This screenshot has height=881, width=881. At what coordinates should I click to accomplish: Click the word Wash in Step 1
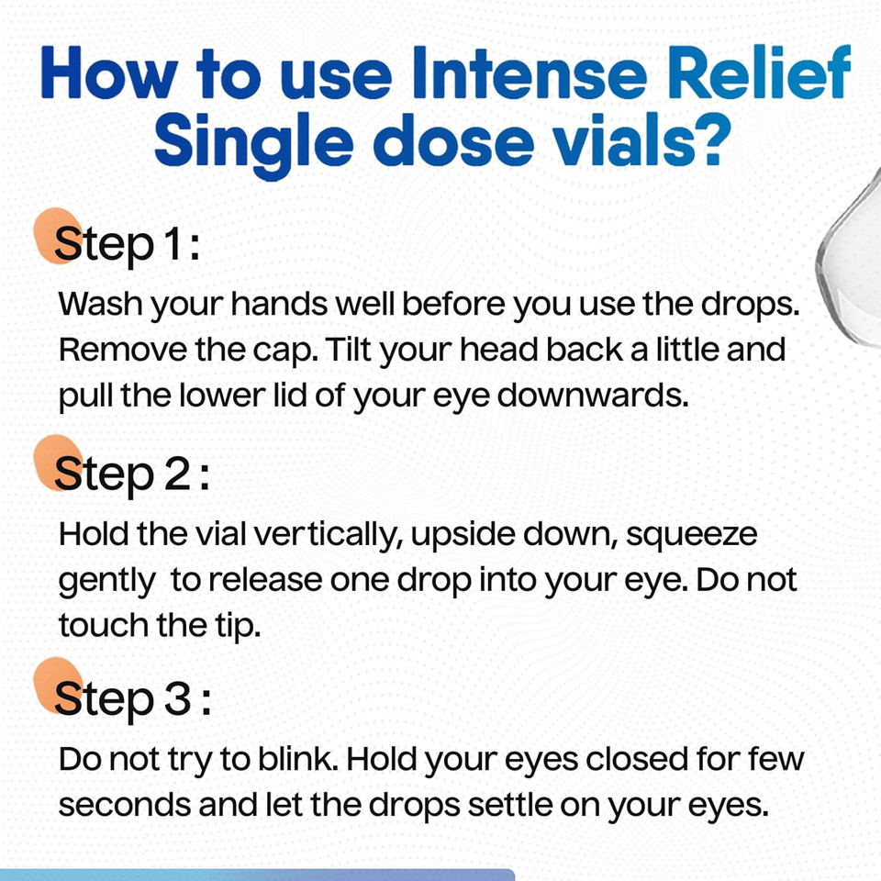point(97,305)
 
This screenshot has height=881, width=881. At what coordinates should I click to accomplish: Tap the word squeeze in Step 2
point(692,534)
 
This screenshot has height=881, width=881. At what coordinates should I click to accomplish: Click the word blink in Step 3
point(299,760)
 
